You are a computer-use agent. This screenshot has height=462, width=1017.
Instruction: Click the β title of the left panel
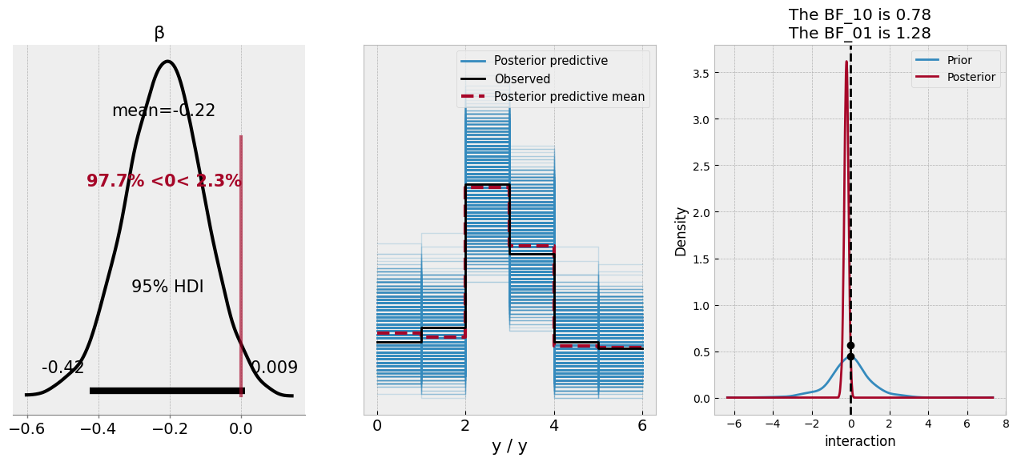(x=159, y=33)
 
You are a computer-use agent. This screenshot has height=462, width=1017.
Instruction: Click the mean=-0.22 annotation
(x=163, y=110)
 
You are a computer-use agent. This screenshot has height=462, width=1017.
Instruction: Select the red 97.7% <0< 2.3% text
(x=163, y=181)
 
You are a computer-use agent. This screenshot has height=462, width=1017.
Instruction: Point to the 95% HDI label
(x=167, y=287)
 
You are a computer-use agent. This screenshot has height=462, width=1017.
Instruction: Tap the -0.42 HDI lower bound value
(x=62, y=368)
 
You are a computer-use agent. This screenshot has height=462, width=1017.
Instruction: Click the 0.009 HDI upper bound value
(x=274, y=368)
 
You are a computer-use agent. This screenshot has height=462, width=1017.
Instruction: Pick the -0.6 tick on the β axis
(x=27, y=429)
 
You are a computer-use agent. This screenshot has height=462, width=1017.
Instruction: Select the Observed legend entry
(x=521, y=79)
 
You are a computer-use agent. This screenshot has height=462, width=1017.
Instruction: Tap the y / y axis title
(x=509, y=447)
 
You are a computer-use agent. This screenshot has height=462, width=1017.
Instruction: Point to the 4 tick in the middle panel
(x=554, y=426)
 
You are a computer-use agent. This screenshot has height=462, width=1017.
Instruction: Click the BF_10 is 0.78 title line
(x=859, y=15)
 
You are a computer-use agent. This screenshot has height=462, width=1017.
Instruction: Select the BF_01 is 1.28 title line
(x=859, y=34)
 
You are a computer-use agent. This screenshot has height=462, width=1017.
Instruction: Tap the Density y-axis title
(x=681, y=231)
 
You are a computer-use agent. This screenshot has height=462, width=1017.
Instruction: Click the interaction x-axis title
(x=859, y=441)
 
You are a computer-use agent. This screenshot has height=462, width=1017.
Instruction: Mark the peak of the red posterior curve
(x=846, y=62)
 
